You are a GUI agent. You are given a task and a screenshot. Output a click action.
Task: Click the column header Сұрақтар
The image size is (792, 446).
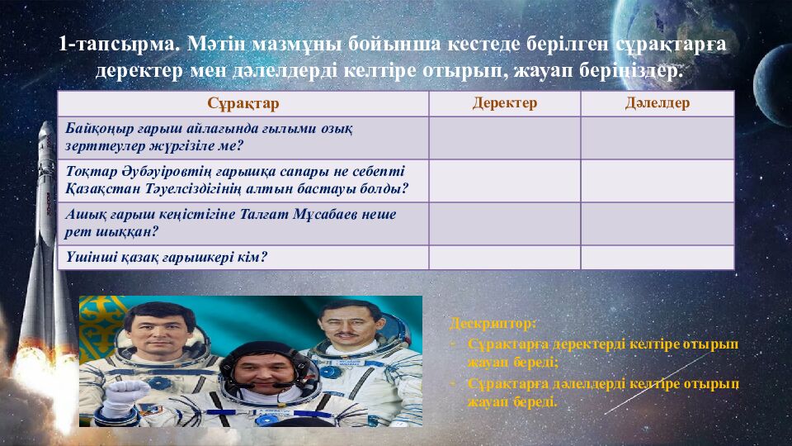[x=243, y=103]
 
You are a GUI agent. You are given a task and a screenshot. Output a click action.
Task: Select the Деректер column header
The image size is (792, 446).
[x=504, y=103]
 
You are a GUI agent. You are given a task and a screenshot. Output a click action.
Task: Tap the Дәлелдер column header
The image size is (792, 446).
[x=657, y=103]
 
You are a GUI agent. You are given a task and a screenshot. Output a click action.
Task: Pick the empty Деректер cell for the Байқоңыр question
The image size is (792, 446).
[x=504, y=137]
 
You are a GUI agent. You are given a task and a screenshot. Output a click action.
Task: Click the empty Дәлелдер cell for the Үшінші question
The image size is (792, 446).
[x=657, y=258]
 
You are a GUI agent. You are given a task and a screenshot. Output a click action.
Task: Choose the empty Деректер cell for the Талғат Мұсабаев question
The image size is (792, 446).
[x=504, y=223]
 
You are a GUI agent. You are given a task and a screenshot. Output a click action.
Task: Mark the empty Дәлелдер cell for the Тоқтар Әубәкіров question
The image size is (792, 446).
[x=657, y=180]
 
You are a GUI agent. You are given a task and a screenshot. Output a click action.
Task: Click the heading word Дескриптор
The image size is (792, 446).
[x=493, y=322]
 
